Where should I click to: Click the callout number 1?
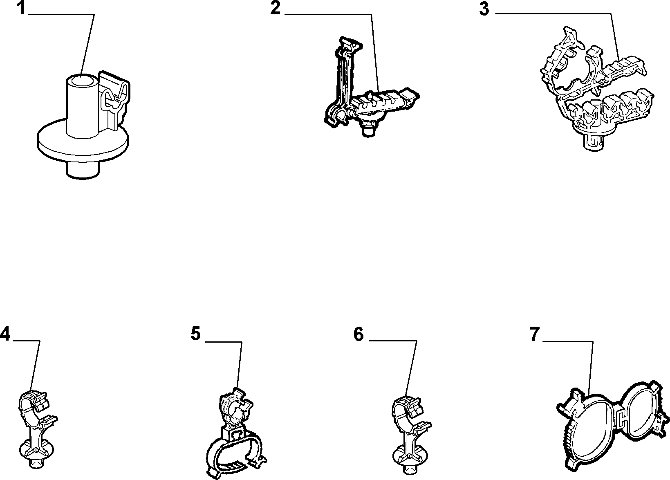21,8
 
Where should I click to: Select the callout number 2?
276,8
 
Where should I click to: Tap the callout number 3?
484,9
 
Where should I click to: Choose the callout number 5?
196,334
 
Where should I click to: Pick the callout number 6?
359,334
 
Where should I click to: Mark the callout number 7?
535,334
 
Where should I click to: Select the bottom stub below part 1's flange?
82,171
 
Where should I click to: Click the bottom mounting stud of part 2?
369,129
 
